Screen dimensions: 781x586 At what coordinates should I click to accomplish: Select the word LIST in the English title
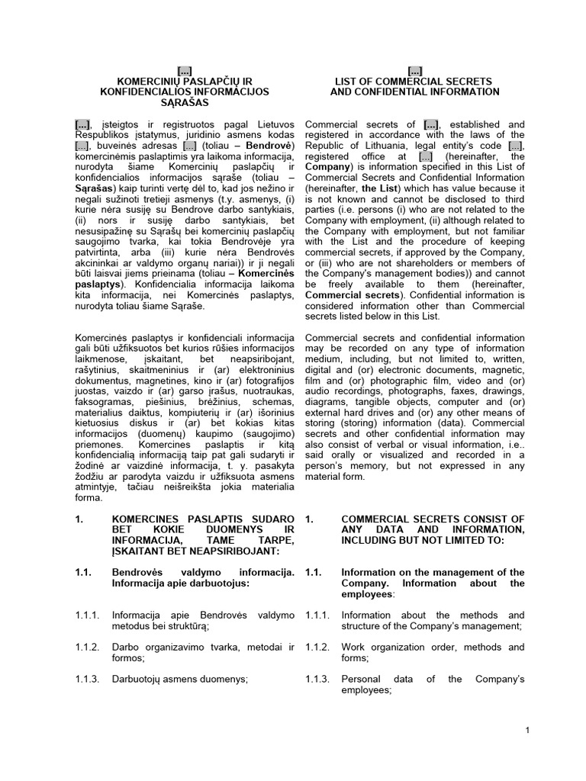point(350,81)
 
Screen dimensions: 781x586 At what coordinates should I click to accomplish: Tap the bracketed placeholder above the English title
point(414,70)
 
